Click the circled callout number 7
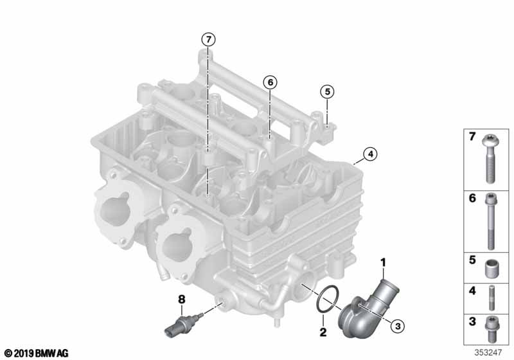tap(208, 40)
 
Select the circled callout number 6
tap(270, 82)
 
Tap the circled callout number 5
tap(327, 92)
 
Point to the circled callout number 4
tap(370, 154)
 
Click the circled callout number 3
tap(398, 326)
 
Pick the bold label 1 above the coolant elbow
tap(383, 263)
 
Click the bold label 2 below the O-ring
tap(323, 332)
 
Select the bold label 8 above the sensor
tap(182, 300)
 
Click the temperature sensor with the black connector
tap(183, 324)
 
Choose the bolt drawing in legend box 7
tap(490, 159)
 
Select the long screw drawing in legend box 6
tap(491, 221)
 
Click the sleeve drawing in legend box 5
tap(491, 269)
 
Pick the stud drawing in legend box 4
tap(492, 298)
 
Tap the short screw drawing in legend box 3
tap(492, 329)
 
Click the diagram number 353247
tap(488, 352)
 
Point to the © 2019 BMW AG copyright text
tap(37, 353)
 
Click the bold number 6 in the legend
tap(472, 198)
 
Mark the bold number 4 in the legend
tap(472, 291)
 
